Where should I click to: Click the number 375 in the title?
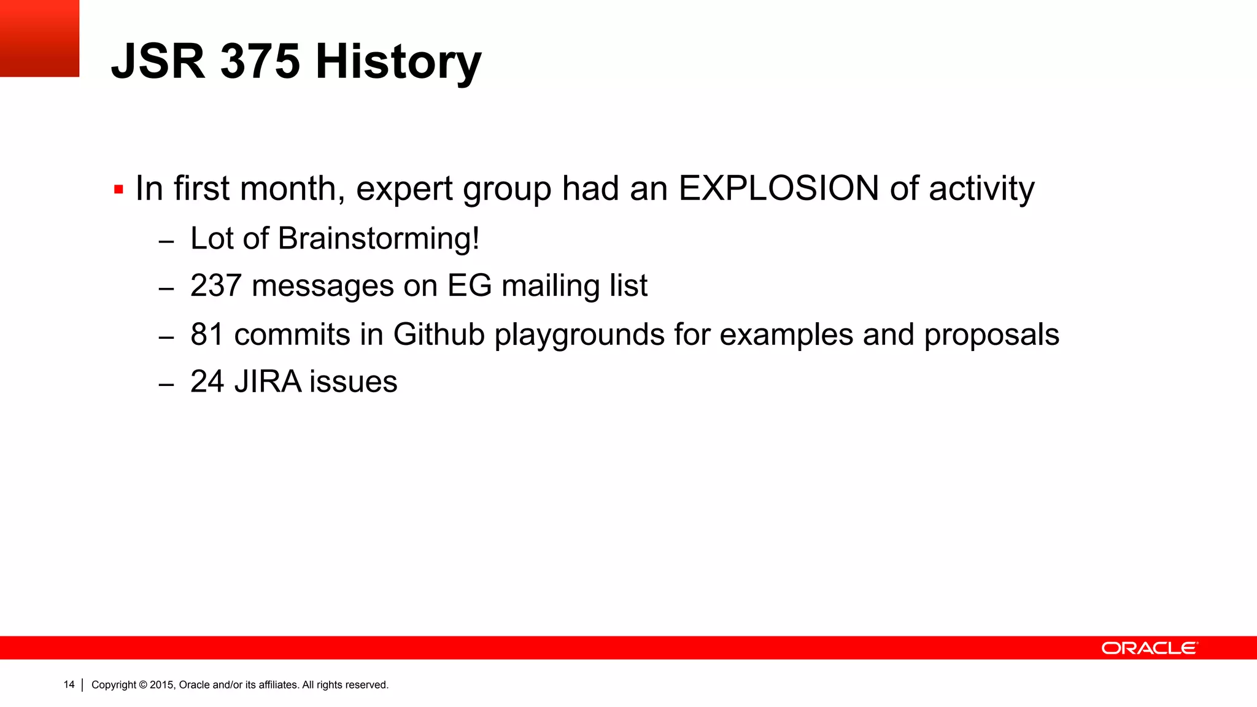pyautogui.click(x=260, y=61)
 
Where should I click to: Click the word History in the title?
pyautogui.click(x=398, y=63)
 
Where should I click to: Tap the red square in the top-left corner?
pyautogui.click(x=39, y=38)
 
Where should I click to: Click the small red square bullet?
pyautogui.click(x=118, y=190)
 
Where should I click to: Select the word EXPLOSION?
pyautogui.click(x=778, y=188)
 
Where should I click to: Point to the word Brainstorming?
pyautogui.click(x=378, y=239)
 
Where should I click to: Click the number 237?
pyautogui.click(x=215, y=286)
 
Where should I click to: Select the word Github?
pyautogui.click(x=439, y=335)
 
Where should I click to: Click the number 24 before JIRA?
pyautogui.click(x=207, y=382)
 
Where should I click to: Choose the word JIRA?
pyautogui.click(x=268, y=382)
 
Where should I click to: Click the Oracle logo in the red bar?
pyautogui.click(x=1149, y=648)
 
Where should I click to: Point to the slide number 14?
pyautogui.click(x=69, y=684)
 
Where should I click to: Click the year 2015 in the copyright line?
pyautogui.click(x=163, y=685)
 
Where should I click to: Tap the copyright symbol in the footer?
pyautogui.click(x=143, y=685)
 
